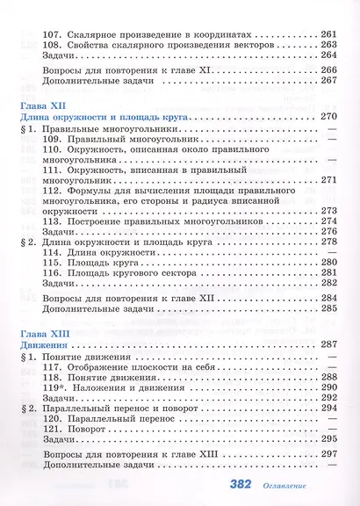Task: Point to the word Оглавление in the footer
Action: (317, 485)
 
